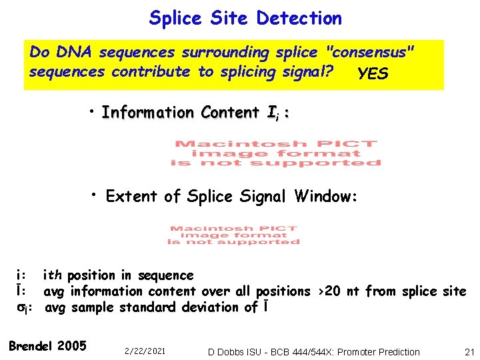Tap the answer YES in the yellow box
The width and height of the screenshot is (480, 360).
[x=373, y=73]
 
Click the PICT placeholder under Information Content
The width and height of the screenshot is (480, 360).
[x=275, y=153]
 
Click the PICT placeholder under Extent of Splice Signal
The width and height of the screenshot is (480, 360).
[x=233, y=235]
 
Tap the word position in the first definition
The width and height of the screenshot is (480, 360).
[x=92, y=275]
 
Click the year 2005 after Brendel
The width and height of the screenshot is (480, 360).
[x=72, y=345]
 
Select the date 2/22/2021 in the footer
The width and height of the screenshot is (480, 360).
[x=144, y=351]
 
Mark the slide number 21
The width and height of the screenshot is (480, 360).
[x=469, y=351]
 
